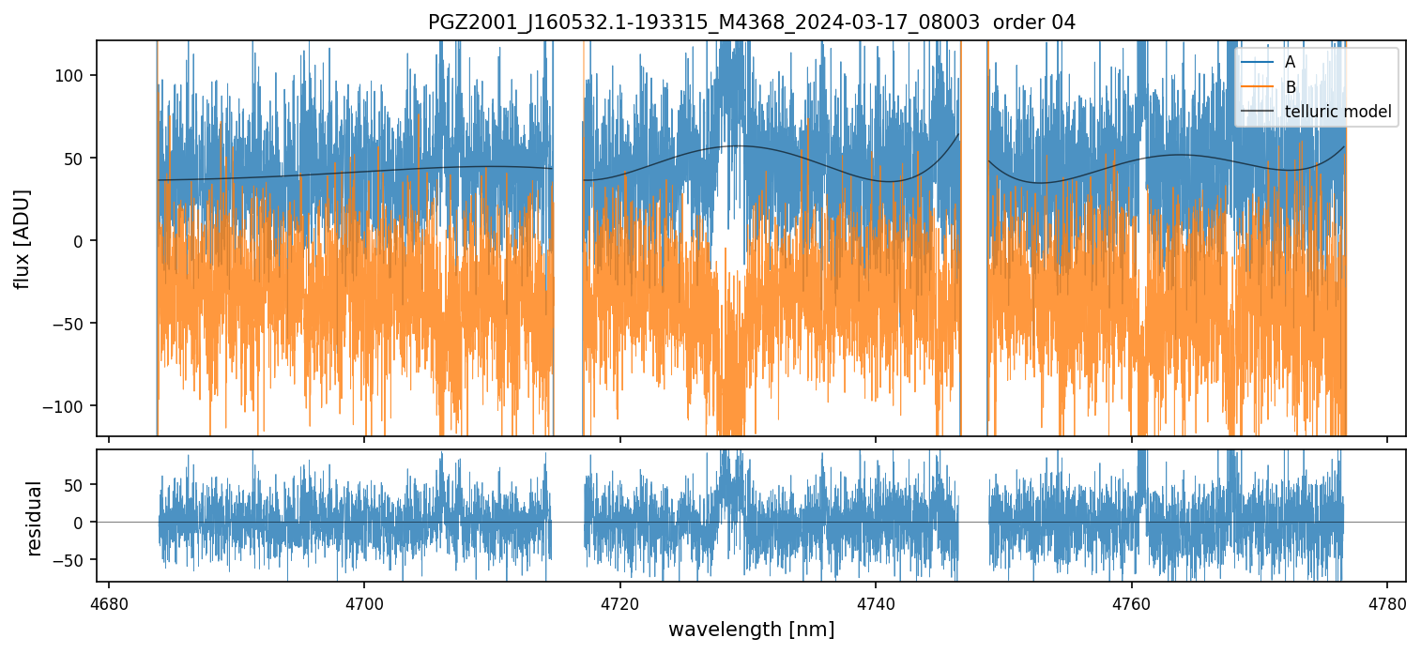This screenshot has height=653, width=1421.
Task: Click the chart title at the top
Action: pyautogui.click(x=752, y=23)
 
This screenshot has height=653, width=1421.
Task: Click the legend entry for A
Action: pyautogui.click(x=1290, y=62)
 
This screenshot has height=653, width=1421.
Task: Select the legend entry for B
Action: pyautogui.click(x=1290, y=87)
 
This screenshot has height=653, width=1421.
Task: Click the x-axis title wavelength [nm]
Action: pyautogui.click(x=751, y=629)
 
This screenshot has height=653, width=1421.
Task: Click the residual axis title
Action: pyautogui.click(x=35, y=518)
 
